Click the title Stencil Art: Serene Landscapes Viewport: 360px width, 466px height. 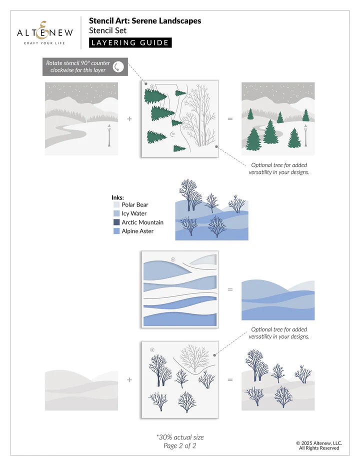click(145, 21)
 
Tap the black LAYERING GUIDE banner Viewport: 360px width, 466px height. click(130, 43)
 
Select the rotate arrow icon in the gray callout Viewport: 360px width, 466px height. click(118, 67)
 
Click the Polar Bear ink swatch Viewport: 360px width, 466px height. click(116, 204)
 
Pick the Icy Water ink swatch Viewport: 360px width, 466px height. click(116, 213)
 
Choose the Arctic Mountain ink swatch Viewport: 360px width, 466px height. click(116, 222)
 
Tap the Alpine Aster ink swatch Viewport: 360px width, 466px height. click(116, 231)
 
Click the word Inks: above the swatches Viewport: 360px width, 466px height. click(117, 197)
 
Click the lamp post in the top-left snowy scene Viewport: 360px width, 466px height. click(108, 136)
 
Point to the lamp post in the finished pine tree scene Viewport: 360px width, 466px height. click(305, 135)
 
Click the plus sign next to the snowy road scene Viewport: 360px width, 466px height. click(129, 119)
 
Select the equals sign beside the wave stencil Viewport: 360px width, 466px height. click(230, 289)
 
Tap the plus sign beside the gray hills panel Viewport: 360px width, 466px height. click(129, 379)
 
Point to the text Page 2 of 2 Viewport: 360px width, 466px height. click(179, 446)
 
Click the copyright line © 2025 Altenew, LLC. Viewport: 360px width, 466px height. click(319, 442)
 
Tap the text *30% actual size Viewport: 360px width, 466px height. click(179, 437)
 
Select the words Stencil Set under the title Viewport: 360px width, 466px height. click(107, 30)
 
